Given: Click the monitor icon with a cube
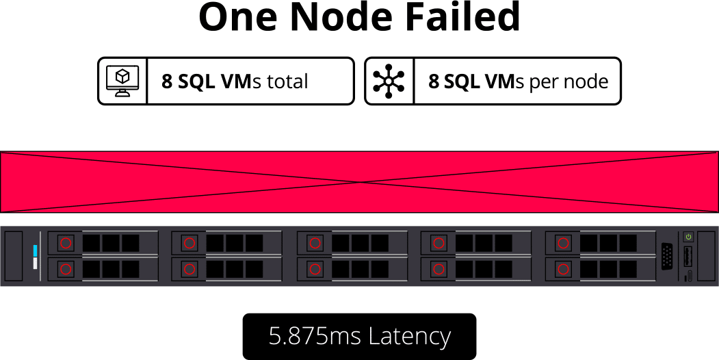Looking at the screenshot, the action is tap(122, 81).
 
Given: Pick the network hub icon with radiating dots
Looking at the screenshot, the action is tap(389, 81).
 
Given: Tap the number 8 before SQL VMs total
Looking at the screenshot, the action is tap(166, 81).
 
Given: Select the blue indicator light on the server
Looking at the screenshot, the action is tap(36, 250).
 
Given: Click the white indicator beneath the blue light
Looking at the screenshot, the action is tap(36, 263).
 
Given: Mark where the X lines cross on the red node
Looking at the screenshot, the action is tap(360, 182).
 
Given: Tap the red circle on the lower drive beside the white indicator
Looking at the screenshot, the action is tap(66, 269).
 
